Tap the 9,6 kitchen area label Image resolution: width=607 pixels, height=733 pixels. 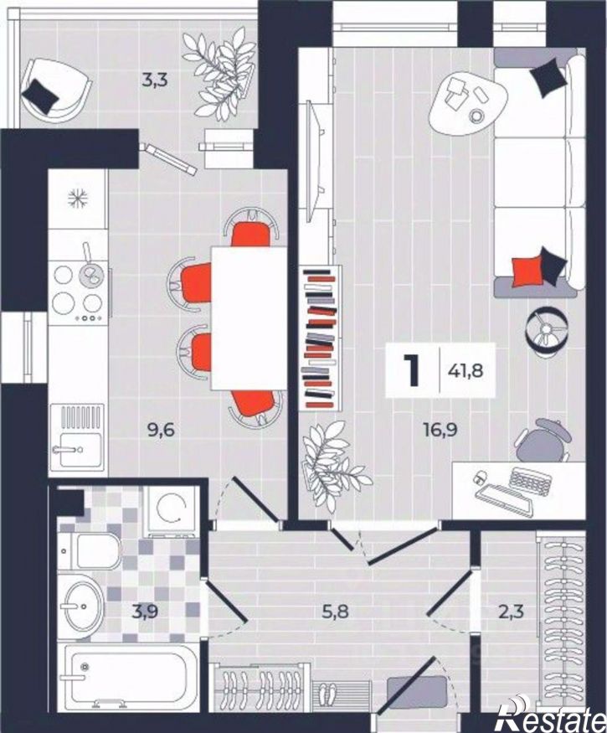[x=161, y=430]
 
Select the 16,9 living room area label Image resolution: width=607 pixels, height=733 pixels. [x=440, y=430]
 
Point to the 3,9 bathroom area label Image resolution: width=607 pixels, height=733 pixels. [x=144, y=611]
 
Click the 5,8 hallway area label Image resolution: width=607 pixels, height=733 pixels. [x=336, y=611]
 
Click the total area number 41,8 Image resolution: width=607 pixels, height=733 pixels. [x=465, y=371]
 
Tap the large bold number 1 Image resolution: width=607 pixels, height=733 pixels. [x=412, y=370]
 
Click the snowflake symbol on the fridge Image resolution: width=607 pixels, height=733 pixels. [x=77, y=199]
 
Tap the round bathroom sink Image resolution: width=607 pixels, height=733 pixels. [x=84, y=607]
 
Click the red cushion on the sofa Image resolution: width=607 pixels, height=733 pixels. [x=526, y=271]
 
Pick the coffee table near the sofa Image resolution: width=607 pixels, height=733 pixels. [x=468, y=103]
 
